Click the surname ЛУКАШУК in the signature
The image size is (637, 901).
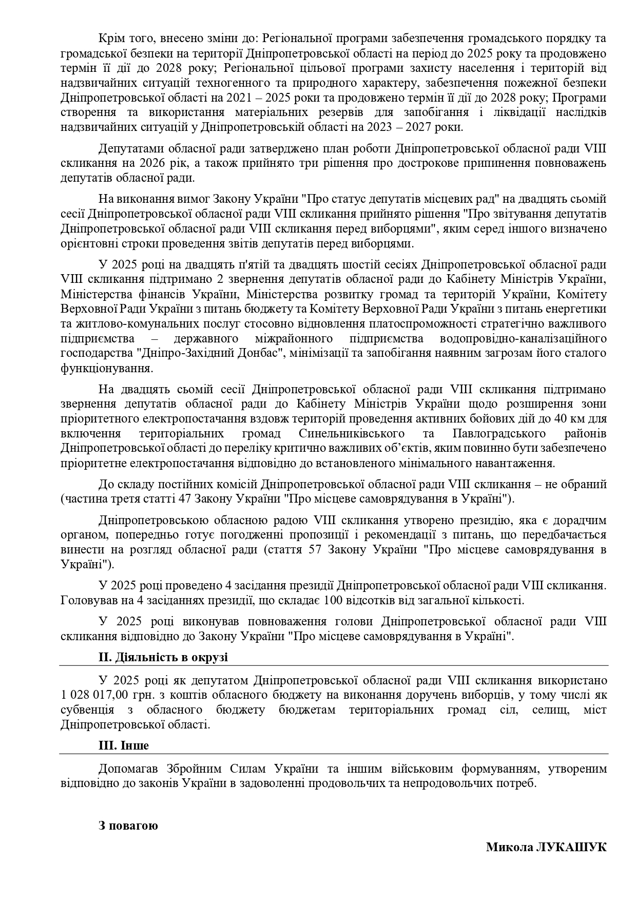[571, 847]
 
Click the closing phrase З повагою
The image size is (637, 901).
[128, 826]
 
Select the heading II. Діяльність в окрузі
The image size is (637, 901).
[163, 658]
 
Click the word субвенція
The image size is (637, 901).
[87, 710]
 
